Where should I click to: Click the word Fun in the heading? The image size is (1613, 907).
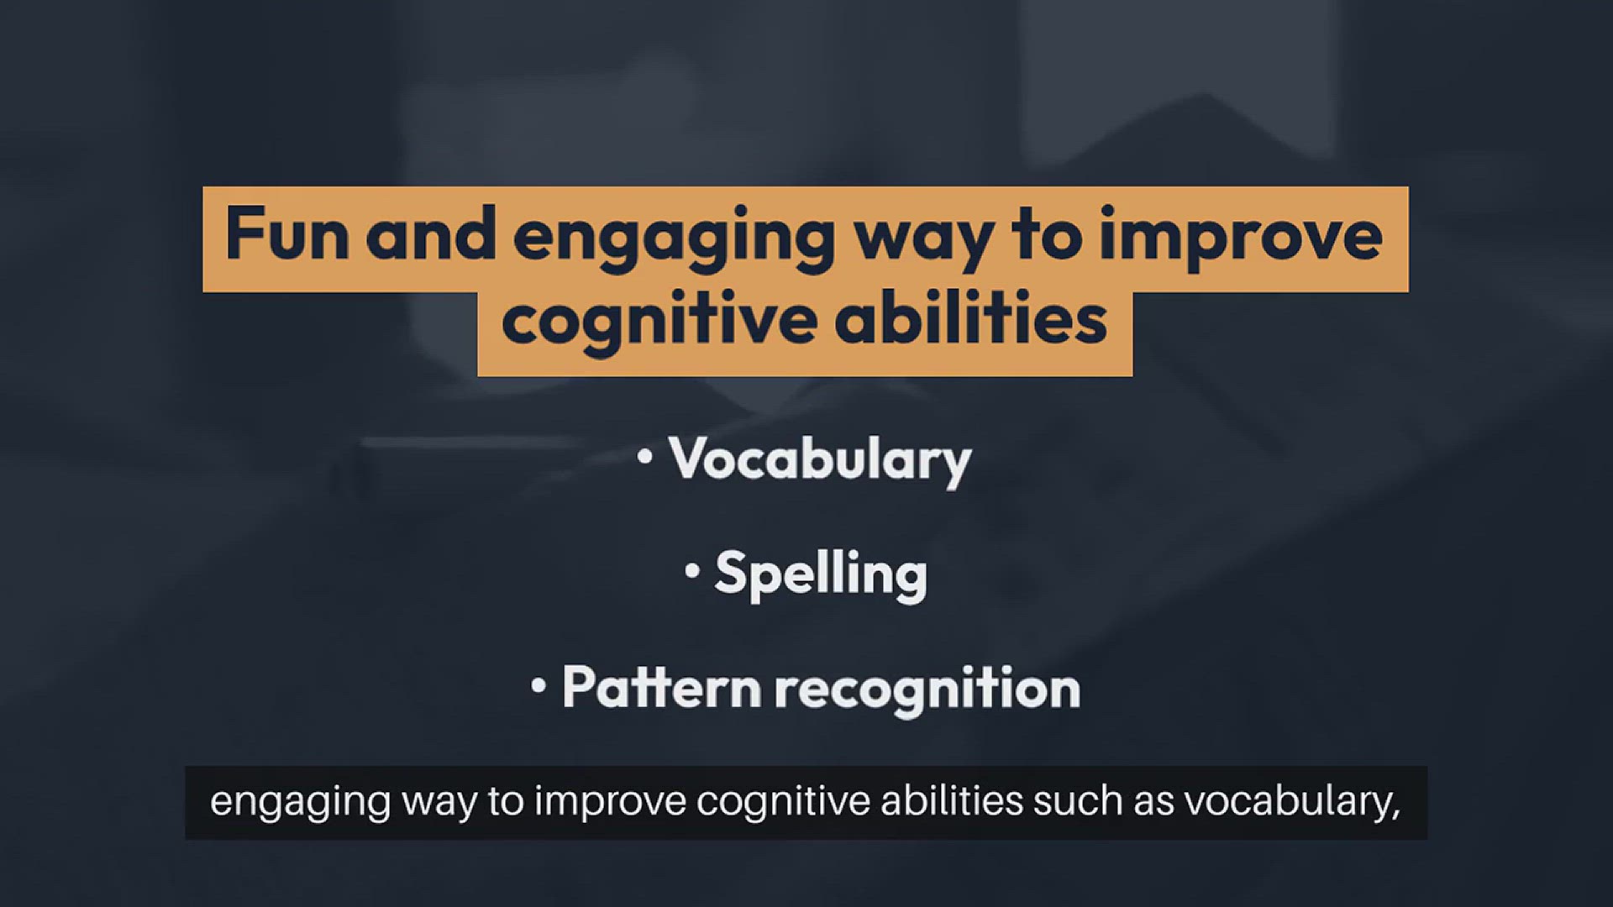[286, 234]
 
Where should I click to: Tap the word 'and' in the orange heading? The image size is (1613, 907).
[430, 234]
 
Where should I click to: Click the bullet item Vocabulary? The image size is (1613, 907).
[820, 460]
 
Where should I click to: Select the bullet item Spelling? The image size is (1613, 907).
[821, 576]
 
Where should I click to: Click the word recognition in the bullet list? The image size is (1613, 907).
[927, 690]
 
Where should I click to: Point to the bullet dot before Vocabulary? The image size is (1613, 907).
[645, 457]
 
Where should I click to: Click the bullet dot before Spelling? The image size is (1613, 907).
[692, 571]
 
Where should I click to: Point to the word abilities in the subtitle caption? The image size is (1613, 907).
[952, 801]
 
